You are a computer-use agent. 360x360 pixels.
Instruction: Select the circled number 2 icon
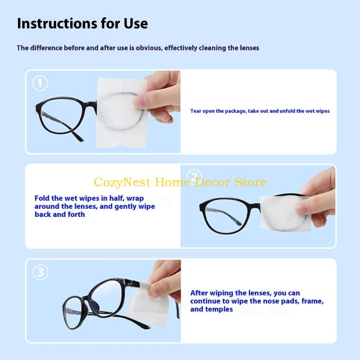[x=193, y=177]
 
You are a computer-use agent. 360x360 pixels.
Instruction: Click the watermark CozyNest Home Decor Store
[x=180, y=182]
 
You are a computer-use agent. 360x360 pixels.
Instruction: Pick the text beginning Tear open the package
[x=260, y=111]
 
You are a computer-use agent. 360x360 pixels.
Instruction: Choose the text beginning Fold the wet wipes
[x=94, y=206]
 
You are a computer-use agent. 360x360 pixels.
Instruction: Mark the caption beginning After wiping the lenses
[x=257, y=301]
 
